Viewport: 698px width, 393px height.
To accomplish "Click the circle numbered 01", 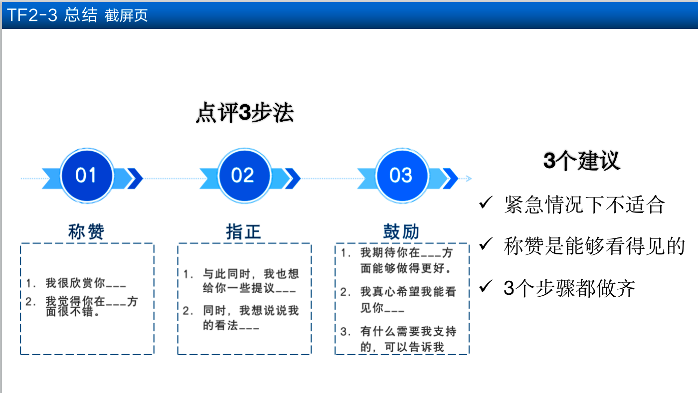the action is click(x=87, y=176).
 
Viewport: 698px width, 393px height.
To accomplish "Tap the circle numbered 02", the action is click(x=244, y=176).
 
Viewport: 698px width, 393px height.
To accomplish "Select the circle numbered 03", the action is click(x=402, y=176).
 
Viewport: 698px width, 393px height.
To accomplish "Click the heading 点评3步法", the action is click(x=245, y=113).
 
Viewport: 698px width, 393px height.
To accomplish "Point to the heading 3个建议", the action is click(x=582, y=161).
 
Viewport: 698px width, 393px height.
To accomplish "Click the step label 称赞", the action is click(x=86, y=231).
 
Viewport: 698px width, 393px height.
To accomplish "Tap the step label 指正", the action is click(x=243, y=231).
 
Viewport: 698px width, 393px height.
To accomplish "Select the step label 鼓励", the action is click(x=401, y=231).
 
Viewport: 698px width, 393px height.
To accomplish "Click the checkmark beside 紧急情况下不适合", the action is click(x=486, y=202).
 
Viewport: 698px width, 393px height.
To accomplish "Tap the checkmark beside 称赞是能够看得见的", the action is click(x=486, y=244).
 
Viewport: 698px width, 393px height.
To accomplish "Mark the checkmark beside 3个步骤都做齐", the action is click(x=486, y=286).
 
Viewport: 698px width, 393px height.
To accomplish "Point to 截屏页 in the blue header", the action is click(x=126, y=15).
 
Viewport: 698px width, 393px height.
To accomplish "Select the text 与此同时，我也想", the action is click(x=251, y=274).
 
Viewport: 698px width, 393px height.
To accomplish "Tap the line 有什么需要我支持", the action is click(x=408, y=331).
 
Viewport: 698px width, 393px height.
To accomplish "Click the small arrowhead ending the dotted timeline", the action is click(x=469, y=179).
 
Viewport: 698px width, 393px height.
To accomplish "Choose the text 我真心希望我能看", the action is click(x=408, y=292).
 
